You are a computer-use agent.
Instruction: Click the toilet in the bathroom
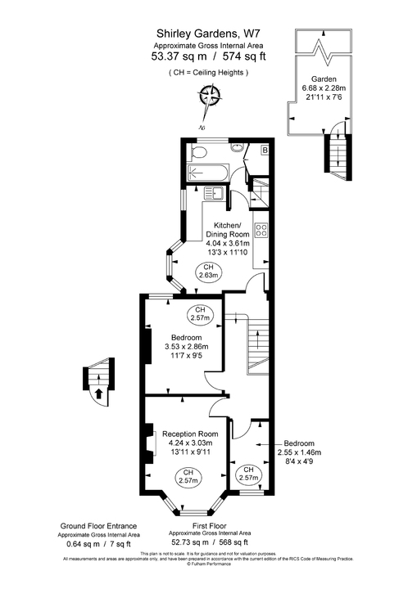coord(199,152)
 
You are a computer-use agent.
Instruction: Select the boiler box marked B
coord(265,150)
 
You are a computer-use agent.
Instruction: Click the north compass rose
coord(210,98)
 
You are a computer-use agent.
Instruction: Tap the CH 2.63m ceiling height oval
coord(207,272)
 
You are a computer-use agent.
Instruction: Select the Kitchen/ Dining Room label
coord(227,230)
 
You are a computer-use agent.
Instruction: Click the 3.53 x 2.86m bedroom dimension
coord(188,348)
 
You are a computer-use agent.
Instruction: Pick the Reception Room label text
coord(190,434)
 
